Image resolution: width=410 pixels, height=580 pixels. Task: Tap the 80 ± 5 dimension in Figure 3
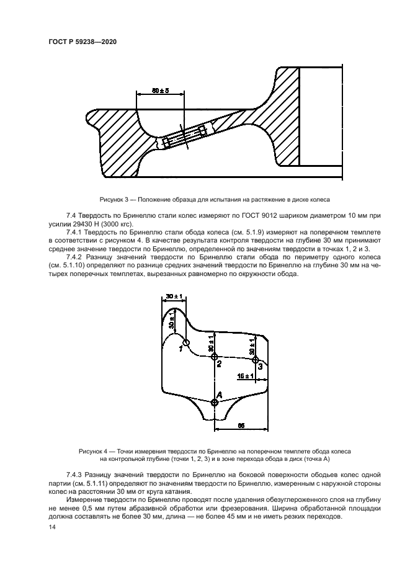tap(160, 91)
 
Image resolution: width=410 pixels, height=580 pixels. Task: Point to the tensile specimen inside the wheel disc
tap(187, 136)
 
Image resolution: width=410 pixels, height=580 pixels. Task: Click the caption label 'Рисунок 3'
tap(114, 200)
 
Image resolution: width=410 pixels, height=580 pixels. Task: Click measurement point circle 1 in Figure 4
tap(185, 343)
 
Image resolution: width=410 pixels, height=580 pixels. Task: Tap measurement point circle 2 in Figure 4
tap(215, 355)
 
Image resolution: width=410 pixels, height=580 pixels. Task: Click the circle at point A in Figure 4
tap(215, 403)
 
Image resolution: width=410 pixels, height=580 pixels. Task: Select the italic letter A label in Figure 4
tap(219, 393)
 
